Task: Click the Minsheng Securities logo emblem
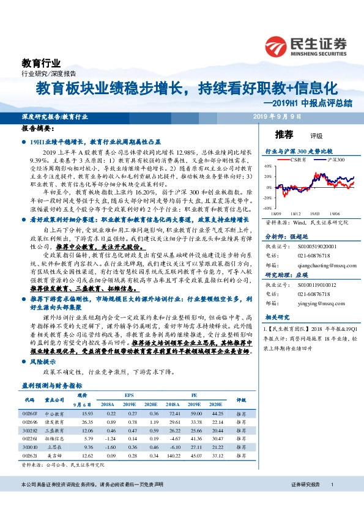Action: pos(276,46)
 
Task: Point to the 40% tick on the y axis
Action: pos(267,166)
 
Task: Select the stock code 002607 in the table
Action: pos(30,415)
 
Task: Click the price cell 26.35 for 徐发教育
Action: pos(86,422)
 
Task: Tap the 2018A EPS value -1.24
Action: pos(110,439)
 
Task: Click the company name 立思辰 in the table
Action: pos(56,447)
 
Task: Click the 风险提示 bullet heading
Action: pos(43,362)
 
